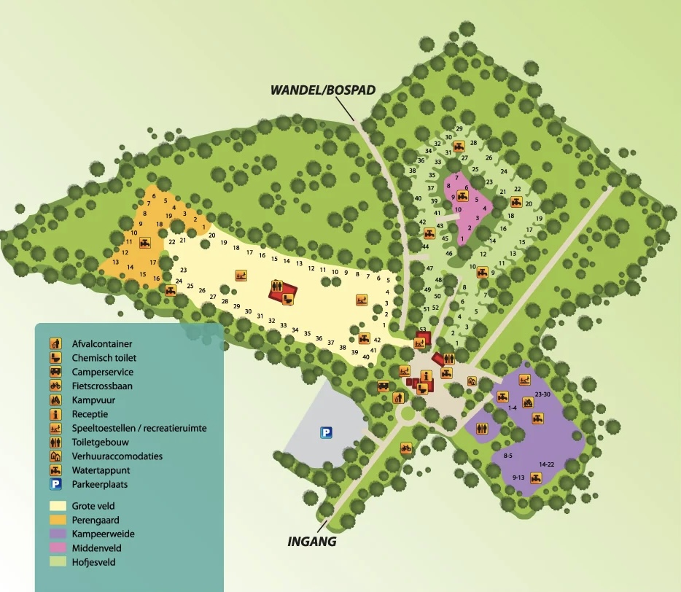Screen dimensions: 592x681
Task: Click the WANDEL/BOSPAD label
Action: point(322,91)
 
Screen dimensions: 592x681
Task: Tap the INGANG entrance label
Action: point(311,542)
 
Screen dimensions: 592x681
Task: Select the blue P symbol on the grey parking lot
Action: point(326,433)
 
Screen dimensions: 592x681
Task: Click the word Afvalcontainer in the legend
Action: point(101,344)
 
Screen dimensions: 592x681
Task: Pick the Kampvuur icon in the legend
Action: point(55,400)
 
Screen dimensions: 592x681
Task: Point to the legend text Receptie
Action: point(90,414)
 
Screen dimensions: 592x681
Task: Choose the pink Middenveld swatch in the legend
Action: point(58,548)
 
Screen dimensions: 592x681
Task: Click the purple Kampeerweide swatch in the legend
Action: point(58,534)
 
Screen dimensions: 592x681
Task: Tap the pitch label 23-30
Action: point(543,394)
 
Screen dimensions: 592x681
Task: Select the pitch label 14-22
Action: point(548,464)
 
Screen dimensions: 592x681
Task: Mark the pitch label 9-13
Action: point(518,478)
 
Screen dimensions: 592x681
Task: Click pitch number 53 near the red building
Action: point(422,330)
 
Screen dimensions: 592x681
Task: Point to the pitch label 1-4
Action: point(512,408)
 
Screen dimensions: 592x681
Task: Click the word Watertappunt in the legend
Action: point(101,470)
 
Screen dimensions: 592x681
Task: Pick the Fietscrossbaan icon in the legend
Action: point(55,386)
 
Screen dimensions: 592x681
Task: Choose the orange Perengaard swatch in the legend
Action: point(58,520)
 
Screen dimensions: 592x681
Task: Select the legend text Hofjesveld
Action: point(93,562)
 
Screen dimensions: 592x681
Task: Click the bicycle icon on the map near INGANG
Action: point(405,448)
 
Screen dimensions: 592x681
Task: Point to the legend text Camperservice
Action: point(102,372)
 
